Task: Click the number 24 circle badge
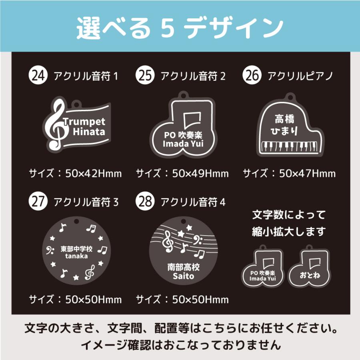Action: point(39,75)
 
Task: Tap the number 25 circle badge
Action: point(146,75)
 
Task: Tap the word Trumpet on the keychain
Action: point(84,122)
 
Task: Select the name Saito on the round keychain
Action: point(183,276)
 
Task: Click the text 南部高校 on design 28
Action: point(183,267)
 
